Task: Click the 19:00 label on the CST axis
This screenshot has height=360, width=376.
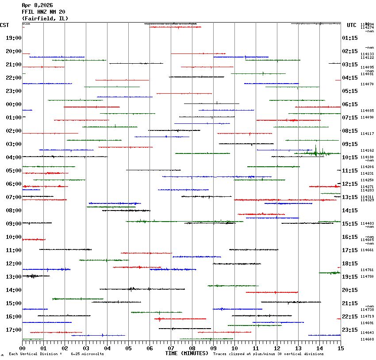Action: [x=13, y=38]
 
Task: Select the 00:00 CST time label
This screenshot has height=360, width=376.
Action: [x=13, y=104]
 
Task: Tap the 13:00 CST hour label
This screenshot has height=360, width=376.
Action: [x=13, y=277]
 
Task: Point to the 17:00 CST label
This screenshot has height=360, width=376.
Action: [x=13, y=330]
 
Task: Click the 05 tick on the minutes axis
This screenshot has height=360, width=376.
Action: [x=128, y=349]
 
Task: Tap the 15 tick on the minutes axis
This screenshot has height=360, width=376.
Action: [x=340, y=349]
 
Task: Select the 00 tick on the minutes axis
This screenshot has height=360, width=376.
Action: [x=23, y=349]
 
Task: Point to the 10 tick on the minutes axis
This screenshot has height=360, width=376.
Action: [x=234, y=349]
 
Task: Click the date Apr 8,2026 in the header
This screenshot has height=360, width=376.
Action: [x=37, y=5]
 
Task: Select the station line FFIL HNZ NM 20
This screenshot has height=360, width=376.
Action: [x=43, y=12]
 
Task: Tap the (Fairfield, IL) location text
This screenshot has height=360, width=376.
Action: [x=45, y=19]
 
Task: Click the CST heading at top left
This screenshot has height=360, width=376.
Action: [x=5, y=25]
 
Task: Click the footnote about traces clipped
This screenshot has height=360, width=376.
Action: [x=268, y=354]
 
